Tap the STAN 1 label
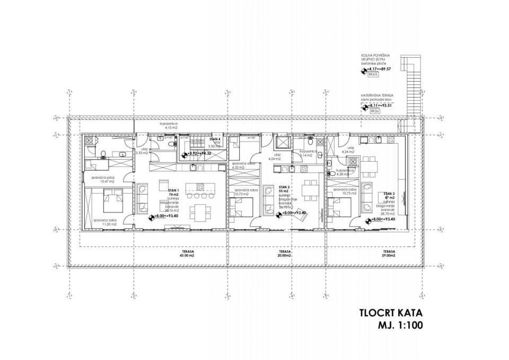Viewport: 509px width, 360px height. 173,189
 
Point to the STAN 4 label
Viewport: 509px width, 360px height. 215,138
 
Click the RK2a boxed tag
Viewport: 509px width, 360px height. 374,112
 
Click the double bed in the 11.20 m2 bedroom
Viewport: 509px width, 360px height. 112,199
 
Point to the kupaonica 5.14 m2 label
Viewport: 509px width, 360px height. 309,154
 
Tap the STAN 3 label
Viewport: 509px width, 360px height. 389,194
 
